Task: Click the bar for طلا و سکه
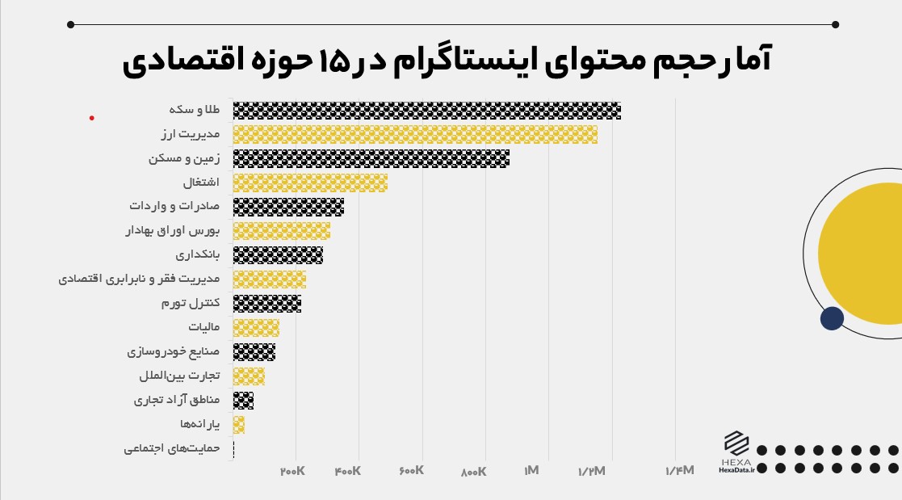click(426, 111)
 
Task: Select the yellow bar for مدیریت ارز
click(415, 134)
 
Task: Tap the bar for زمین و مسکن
click(371, 158)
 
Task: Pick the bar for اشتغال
click(310, 183)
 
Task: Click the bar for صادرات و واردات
click(288, 207)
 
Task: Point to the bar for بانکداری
click(278, 255)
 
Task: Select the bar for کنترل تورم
click(266, 304)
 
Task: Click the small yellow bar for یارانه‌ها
click(238, 425)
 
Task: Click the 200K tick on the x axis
click(292, 471)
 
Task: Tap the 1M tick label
click(531, 471)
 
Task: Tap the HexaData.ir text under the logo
click(736, 471)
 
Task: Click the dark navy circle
click(832, 318)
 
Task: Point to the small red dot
click(91, 118)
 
